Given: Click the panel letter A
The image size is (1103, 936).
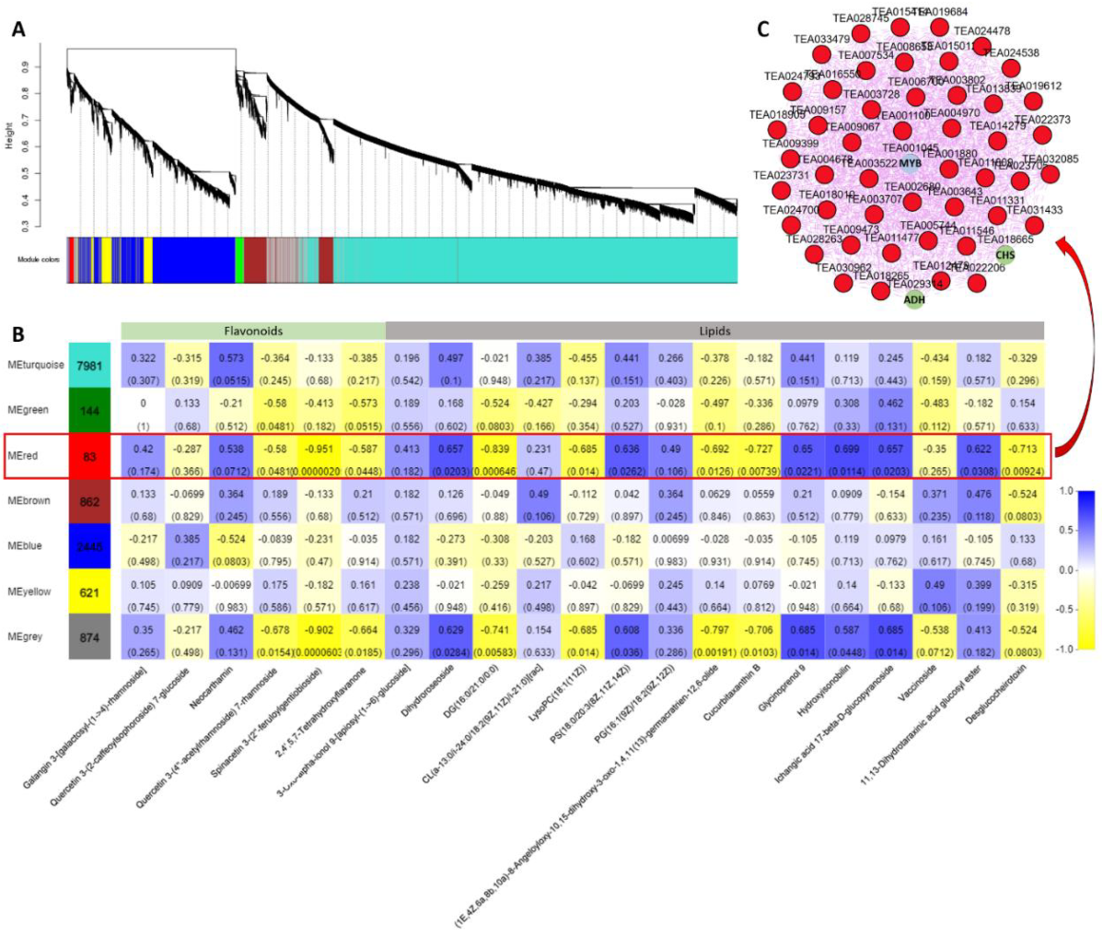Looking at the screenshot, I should coord(18,29).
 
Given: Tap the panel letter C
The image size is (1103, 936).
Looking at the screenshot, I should coord(762,29).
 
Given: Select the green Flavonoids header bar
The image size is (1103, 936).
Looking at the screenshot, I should coord(253,330).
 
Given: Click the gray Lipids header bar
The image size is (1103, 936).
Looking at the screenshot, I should coord(714,330).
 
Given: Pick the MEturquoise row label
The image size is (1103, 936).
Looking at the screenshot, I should coord(36,365).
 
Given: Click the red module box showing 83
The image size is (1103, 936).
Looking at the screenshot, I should coord(89,455).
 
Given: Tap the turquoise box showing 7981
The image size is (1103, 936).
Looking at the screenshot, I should coord(89,365).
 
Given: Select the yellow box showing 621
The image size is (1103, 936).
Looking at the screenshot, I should coord(89,591).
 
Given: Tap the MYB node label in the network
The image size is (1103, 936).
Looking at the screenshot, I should coord(909,164).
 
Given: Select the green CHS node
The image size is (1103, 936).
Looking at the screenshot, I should coord(1004,255).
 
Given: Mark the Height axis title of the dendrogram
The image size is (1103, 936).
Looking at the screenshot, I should coord(10,134).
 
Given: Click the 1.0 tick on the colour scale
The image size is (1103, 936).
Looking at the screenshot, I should coord(1067,491).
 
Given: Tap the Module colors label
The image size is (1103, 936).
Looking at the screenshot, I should coord(38,260).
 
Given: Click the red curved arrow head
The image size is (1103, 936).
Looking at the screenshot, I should coord(1061,240).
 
